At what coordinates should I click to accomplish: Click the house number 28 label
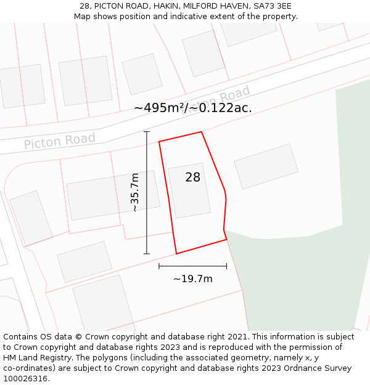click(193, 177)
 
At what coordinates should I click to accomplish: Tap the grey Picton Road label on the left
click(60, 140)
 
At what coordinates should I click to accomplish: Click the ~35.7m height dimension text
click(134, 193)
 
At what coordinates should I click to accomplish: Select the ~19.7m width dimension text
click(192, 279)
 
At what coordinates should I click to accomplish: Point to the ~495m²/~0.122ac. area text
click(193, 108)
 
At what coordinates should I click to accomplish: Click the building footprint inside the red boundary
click(189, 191)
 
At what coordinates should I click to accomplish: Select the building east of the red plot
click(266, 166)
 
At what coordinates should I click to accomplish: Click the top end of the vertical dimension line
click(147, 132)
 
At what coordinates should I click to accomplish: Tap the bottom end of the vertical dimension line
click(147, 253)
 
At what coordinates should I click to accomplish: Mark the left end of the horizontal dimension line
click(159, 266)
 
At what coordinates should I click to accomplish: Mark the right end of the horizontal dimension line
click(227, 266)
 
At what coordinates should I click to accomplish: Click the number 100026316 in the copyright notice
click(26, 379)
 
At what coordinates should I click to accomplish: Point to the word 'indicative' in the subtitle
click(186, 17)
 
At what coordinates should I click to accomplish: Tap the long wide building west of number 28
click(113, 195)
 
